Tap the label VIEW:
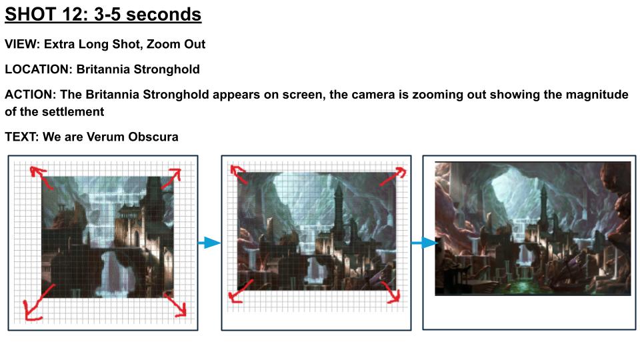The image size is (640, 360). [22, 44]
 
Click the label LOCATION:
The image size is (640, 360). [39, 69]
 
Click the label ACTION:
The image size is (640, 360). [30, 95]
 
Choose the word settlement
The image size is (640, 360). [74, 112]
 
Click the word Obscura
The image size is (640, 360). [153, 137]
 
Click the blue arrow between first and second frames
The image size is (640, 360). [209, 243]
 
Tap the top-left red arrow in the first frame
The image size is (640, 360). [41, 177]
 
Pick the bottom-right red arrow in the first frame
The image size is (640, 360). [175, 304]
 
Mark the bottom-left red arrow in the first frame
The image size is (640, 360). [39, 303]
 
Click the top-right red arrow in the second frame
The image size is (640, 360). [393, 176]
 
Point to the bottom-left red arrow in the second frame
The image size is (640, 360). [241, 291]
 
